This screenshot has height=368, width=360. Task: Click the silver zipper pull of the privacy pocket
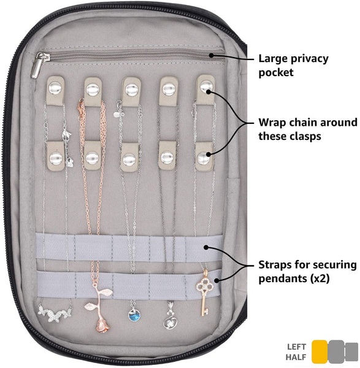37,65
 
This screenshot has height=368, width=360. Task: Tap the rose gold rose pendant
100,307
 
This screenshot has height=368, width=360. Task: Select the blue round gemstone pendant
134,315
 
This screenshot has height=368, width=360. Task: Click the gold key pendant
204,292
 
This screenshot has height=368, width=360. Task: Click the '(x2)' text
320,278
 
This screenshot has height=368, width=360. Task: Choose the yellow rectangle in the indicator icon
320,351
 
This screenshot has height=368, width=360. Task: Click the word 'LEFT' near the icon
297,347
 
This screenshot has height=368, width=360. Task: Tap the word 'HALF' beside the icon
296,357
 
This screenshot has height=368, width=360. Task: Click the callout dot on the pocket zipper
212,55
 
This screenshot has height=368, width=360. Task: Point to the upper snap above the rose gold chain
93,90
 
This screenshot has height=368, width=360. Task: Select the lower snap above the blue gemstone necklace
129,160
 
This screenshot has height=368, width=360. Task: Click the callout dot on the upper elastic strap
206,247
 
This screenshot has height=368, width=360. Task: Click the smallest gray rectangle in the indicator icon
351,351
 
